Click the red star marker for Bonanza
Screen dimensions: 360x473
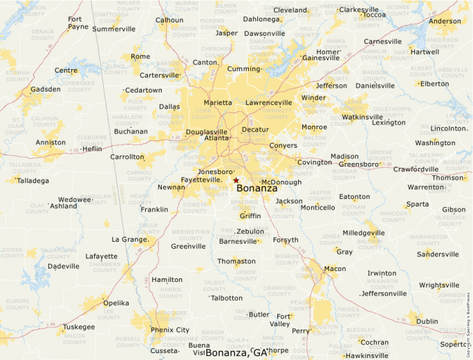click(236, 180)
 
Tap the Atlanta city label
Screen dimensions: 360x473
click(216, 138)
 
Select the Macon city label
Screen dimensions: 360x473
click(335, 268)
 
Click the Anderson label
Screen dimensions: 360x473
click(445, 21)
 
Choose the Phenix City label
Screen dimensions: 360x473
click(169, 330)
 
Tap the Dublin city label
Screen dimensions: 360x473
click(427, 321)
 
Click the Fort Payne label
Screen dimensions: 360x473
click(78, 23)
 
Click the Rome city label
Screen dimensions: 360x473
click(140, 57)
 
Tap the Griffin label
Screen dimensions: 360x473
click(250, 216)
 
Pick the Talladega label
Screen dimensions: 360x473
click(33, 180)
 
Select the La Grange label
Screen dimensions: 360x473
click(129, 239)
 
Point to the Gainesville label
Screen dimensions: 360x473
click(322, 58)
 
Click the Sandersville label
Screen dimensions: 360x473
click(438, 254)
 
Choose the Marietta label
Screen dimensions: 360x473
click(218, 102)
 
